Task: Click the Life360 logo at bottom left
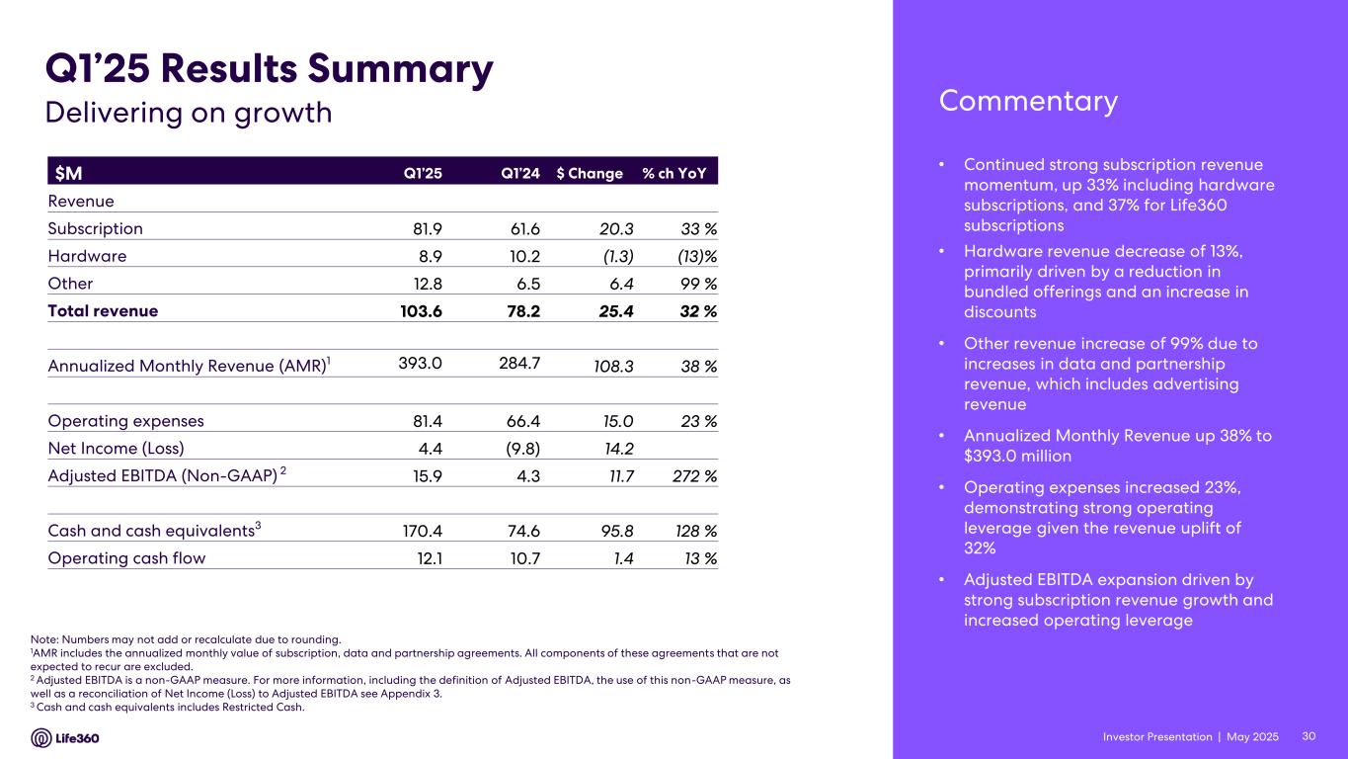(x=65, y=738)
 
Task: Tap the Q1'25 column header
(x=423, y=173)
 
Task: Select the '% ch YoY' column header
(x=679, y=173)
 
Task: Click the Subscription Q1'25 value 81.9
(x=427, y=228)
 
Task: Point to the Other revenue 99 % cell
(x=696, y=284)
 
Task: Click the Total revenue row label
(x=103, y=310)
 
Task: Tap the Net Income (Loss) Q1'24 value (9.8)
(x=519, y=449)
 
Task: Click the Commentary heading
(x=1028, y=101)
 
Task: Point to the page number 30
(x=1309, y=737)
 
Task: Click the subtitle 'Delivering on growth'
(x=189, y=113)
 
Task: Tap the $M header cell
(x=68, y=173)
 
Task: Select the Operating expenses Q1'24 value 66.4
(x=520, y=421)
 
